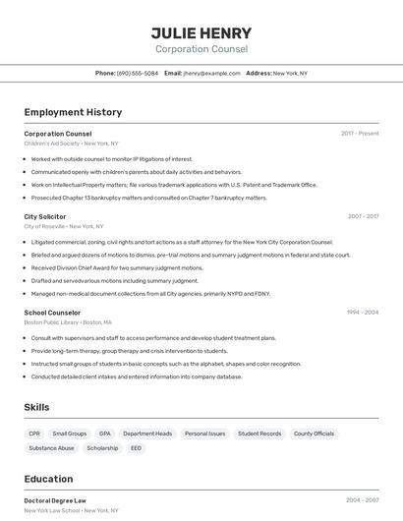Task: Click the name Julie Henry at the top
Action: [201, 32]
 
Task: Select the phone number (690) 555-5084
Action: [138, 73]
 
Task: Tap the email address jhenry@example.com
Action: [211, 73]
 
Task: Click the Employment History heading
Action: [73, 112]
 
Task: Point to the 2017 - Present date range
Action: [360, 133]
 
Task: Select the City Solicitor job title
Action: [45, 216]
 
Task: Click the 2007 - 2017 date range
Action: [363, 216]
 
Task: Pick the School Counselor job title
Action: [52, 313]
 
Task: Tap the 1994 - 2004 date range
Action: [363, 313]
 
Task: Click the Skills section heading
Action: [37, 407]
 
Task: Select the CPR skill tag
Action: [34, 434]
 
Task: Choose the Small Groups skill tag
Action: [70, 434]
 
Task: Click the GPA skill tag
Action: [105, 434]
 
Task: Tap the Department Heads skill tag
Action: [147, 434]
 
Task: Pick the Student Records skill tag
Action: [259, 434]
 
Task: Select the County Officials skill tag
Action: [314, 434]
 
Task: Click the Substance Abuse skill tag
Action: [51, 448]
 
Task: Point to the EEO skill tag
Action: [136, 448]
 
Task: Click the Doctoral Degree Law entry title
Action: [55, 500]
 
